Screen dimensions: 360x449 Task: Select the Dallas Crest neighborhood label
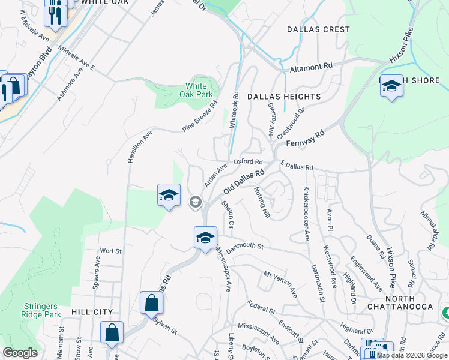point(318,29)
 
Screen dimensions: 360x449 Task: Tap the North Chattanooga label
point(409,303)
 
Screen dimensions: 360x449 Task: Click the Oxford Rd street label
point(248,161)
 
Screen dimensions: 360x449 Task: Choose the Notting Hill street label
point(262,202)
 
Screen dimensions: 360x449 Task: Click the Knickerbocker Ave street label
point(306,214)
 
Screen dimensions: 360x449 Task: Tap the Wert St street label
point(110,250)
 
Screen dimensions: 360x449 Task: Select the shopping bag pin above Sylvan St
point(151,303)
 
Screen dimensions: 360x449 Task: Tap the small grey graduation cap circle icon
point(195,202)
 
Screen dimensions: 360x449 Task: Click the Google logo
point(20,353)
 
